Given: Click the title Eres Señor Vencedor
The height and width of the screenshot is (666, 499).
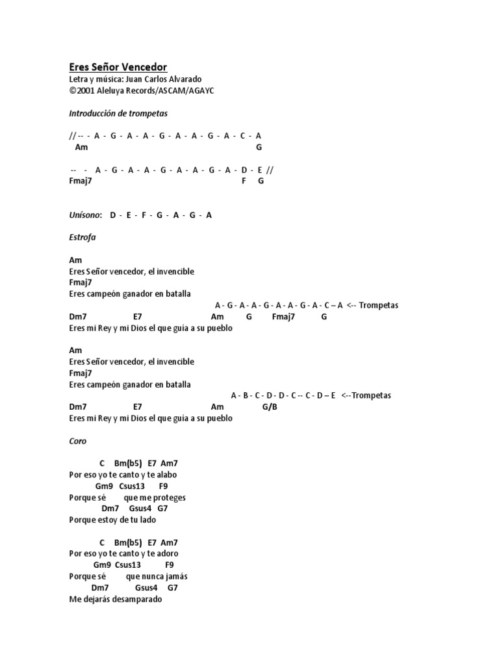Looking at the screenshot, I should [x=118, y=67].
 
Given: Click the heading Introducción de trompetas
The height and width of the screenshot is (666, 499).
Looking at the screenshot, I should [x=118, y=113].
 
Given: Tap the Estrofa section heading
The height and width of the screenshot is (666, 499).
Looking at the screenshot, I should [x=82, y=237].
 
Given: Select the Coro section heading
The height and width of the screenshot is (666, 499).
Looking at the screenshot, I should [x=77, y=441].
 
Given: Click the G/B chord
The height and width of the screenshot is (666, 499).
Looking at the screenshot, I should [x=270, y=407].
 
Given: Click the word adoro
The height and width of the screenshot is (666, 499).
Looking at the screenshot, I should [x=168, y=553].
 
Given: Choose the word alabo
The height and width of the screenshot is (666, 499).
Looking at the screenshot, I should [x=166, y=475].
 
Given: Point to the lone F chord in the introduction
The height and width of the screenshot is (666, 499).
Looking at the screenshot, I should [x=244, y=181].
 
